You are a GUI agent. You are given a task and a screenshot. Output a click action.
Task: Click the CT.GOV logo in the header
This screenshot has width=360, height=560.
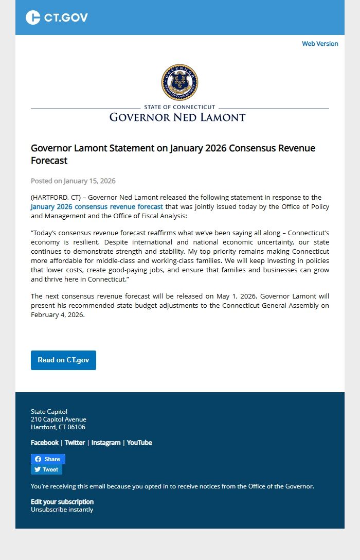pos(57,17)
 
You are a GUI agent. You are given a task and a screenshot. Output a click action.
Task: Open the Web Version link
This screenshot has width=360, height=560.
pos(320,44)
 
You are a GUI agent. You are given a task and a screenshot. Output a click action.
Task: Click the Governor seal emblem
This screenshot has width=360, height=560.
pos(179,82)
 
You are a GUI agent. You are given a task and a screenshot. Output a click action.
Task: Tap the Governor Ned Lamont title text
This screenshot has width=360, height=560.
pos(177,117)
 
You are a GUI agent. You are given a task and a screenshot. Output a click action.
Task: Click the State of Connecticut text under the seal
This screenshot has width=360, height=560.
pos(179,107)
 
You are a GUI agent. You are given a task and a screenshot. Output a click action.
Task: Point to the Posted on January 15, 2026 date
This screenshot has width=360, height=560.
pos(73,181)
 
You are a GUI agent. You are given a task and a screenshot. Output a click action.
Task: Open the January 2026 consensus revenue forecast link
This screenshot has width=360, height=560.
pos(97,206)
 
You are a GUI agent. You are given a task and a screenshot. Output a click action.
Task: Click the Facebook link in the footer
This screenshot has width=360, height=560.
pos(45,443)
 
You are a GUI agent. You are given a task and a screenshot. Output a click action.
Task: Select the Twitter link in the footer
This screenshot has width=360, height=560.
pos(75,443)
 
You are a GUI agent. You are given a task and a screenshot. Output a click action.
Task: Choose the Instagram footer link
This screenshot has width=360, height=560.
pos(106,443)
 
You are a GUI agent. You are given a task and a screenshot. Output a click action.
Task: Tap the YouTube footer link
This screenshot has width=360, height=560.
pos(139,443)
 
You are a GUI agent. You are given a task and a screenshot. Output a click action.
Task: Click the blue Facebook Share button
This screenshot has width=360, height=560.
pos(48,459)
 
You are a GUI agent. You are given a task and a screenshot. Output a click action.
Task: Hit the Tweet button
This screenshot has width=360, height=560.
pos(46,469)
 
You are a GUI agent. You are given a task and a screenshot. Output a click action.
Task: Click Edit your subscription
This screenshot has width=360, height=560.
pos(62,501)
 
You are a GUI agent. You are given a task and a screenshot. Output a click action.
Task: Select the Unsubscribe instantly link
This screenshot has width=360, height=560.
pos(62,510)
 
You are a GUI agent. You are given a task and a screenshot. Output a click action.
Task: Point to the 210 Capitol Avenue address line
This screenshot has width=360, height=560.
pos(59,419)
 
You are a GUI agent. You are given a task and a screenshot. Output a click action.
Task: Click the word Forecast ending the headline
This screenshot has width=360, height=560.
pos(49,161)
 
